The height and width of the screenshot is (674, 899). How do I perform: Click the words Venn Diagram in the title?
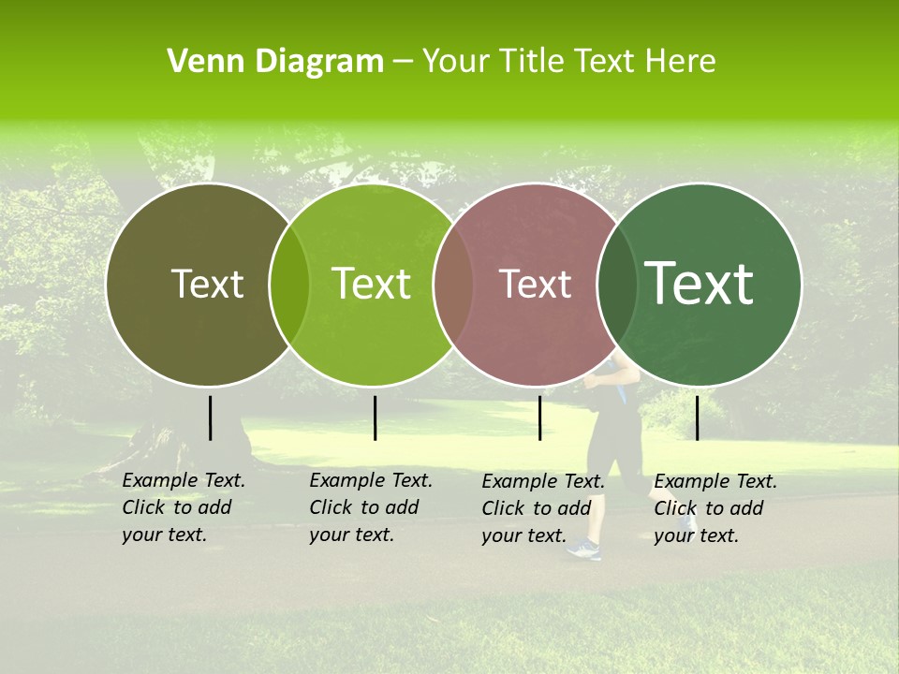(x=275, y=62)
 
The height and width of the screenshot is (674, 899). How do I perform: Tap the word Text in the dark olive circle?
(x=207, y=284)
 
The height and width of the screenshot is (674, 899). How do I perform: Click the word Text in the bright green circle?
(x=371, y=284)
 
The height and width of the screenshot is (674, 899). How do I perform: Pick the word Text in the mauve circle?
(x=536, y=284)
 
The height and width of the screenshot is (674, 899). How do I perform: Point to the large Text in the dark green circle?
(x=700, y=283)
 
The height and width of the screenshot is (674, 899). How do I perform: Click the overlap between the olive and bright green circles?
(x=289, y=285)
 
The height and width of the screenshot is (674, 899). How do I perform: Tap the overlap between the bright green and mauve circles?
(x=453, y=285)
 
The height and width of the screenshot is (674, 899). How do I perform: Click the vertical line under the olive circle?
(x=210, y=418)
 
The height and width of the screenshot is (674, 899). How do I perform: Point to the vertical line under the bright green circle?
(x=375, y=418)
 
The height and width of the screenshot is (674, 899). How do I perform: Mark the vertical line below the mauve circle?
(x=539, y=418)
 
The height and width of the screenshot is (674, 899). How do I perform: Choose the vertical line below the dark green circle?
(x=697, y=418)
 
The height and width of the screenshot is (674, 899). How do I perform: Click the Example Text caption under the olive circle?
(x=184, y=507)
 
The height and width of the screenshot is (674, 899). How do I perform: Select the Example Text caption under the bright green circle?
(x=371, y=507)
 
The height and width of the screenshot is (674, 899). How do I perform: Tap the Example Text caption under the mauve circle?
(x=543, y=508)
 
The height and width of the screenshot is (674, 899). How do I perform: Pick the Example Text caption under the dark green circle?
(x=715, y=508)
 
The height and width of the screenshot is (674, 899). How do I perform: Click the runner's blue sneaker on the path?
(x=584, y=549)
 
